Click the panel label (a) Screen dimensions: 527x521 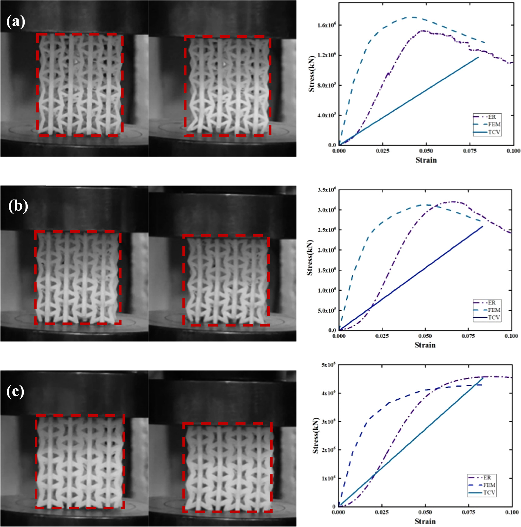[x=16, y=22]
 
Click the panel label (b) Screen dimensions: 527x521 [x=18, y=206]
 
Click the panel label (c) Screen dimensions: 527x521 [x=15, y=392]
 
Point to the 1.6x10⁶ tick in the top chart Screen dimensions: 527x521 [x=326, y=25]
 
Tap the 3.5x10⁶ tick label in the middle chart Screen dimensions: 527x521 [x=327, y=190]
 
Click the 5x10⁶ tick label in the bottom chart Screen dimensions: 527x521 [x=328, y=365]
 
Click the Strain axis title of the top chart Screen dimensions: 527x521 [x=426, y=160]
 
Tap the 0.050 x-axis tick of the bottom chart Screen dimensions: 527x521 [x=425, y=512]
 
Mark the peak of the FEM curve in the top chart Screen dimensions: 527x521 [x=414, y=17]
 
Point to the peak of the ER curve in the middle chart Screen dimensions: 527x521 [x=453, y=201]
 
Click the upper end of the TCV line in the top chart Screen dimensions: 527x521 [x=478, y=57]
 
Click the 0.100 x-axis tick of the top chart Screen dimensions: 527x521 [x=513, y=151]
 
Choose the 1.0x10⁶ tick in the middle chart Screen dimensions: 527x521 [x=327, y=290]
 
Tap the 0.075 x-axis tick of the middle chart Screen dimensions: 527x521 [x=468, y=336]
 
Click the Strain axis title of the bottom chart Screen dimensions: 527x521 [x=425, y=521]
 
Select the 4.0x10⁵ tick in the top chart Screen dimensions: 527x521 [x=326, y=115]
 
